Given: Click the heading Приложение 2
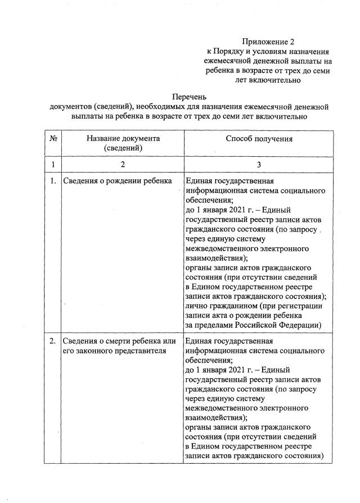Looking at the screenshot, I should [268, 42].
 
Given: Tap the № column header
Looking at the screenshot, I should [52, 138].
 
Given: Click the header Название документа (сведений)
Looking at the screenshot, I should [123, 143].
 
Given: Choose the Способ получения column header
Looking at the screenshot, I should [259, 138].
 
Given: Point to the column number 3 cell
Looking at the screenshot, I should [259, 165].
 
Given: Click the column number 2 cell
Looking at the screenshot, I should [123, 165].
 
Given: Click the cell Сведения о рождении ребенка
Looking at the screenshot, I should [116, 182].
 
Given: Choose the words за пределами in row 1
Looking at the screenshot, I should [206, 325].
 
